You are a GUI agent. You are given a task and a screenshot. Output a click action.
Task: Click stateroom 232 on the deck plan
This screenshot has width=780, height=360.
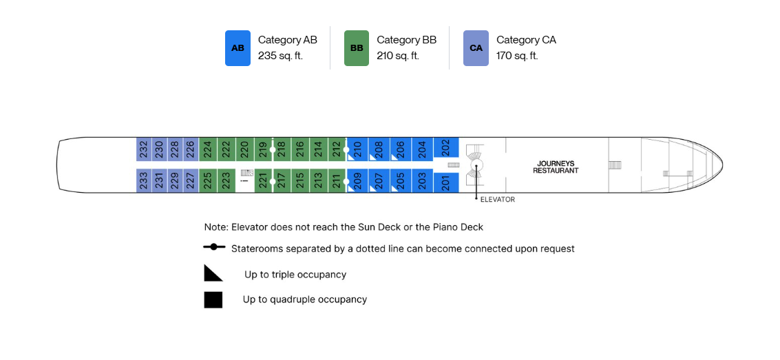click(143, 149)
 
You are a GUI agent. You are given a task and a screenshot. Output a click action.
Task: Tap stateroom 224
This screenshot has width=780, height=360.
click(208, 149)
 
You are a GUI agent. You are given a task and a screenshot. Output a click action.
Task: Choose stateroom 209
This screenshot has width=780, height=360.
click(357, 181)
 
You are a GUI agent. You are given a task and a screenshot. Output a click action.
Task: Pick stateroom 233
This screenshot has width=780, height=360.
click(143, 181)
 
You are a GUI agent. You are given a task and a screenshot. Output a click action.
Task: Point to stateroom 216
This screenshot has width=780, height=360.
click(300, 149)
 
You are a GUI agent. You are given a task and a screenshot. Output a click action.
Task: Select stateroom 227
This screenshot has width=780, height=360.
click(191, 181)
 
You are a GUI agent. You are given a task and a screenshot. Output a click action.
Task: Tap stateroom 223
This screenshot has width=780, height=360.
click(226, 181)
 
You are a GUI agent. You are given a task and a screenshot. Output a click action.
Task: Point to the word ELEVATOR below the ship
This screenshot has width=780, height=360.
click(498, 200)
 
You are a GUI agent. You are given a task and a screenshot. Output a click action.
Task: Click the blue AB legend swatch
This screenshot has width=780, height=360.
click(238, 48)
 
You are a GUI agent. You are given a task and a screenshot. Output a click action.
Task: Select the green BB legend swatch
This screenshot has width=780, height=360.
click(357, 48)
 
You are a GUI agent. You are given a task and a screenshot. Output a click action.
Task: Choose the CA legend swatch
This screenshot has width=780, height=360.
click(476, 48)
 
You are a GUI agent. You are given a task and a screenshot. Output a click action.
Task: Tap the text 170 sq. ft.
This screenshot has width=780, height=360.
click(517, 56)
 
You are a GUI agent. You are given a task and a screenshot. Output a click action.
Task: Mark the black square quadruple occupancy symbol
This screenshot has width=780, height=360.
click(213, 300)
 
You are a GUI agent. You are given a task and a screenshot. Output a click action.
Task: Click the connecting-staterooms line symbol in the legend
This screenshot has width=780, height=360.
click(214, 247)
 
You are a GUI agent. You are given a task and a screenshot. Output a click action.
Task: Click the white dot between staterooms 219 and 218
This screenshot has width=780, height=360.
click(272, 149)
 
